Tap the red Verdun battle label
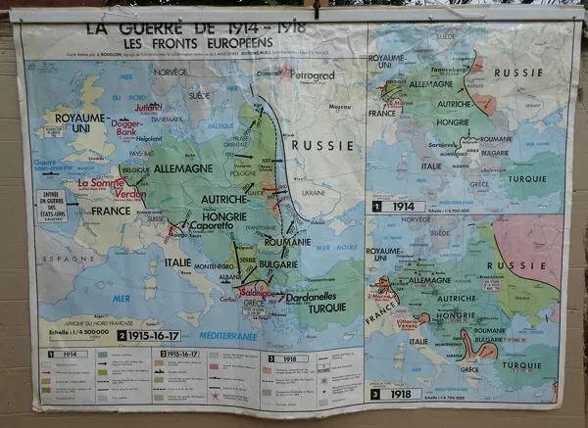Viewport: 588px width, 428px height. point(130,193)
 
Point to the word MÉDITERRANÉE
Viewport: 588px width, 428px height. point(216,336)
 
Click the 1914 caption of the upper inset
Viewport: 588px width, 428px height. point(400,207)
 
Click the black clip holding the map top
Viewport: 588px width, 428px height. point(316,9)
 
